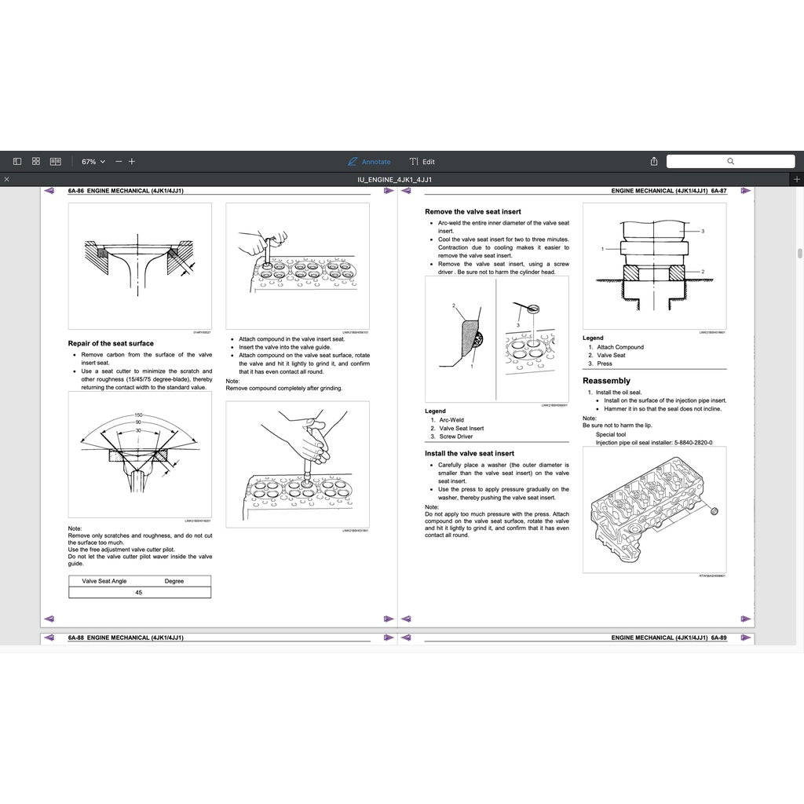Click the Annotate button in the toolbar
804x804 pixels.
point(369,162)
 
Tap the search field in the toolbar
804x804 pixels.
point(729,161)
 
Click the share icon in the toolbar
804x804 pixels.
point(654,162)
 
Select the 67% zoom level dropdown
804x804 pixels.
point(93,162)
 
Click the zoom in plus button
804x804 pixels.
point(132,162)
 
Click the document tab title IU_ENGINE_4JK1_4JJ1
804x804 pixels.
point(394,180)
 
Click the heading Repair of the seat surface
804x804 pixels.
point(111,343)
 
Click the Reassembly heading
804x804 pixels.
point(606,381)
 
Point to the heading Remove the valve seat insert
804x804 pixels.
point(473,212)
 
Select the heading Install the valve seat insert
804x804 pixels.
point(470,453)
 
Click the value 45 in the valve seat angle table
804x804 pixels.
point(139,593)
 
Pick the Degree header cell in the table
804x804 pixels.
point(174,581)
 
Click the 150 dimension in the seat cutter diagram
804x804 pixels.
point(138,415)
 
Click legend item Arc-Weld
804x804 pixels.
point(451,420)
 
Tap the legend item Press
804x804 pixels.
point(605,364)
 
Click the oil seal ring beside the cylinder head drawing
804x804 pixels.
point(713,512)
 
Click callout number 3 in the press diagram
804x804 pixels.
point(703,231)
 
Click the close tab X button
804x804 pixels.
point(6,180)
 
